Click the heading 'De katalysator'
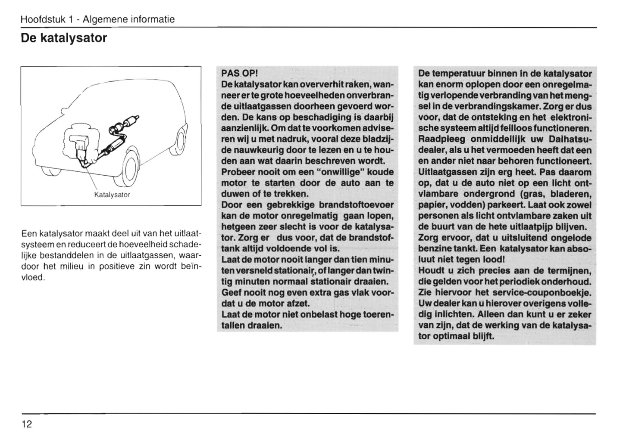coord(64,38)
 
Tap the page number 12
coord(27,425)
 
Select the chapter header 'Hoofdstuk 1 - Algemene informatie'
coord(97,19)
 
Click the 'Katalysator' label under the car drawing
coord(112,195)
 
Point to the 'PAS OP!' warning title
coord(240,73)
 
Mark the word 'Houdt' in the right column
coord(431,271)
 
